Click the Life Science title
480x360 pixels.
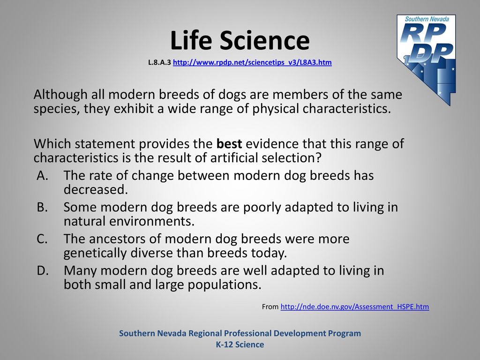[240, 40]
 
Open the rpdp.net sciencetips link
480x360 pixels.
[252, 62]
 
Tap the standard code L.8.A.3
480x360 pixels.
[159, 62]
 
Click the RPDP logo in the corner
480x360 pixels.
[426, 60]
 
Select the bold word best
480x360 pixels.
[229, 143]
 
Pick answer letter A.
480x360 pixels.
[43, 176]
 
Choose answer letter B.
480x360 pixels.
[42, 207]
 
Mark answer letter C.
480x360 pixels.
[42, 239]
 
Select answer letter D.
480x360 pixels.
[43, 270]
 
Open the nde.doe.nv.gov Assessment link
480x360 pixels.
[355, 307]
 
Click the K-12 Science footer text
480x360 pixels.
[240, 345]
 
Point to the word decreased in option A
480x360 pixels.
[96, 189]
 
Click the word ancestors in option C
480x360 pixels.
[114, 239]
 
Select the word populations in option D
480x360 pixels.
[225, 285]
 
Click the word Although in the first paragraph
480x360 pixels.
[60, 95]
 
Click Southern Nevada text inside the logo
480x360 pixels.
[427, 19]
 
